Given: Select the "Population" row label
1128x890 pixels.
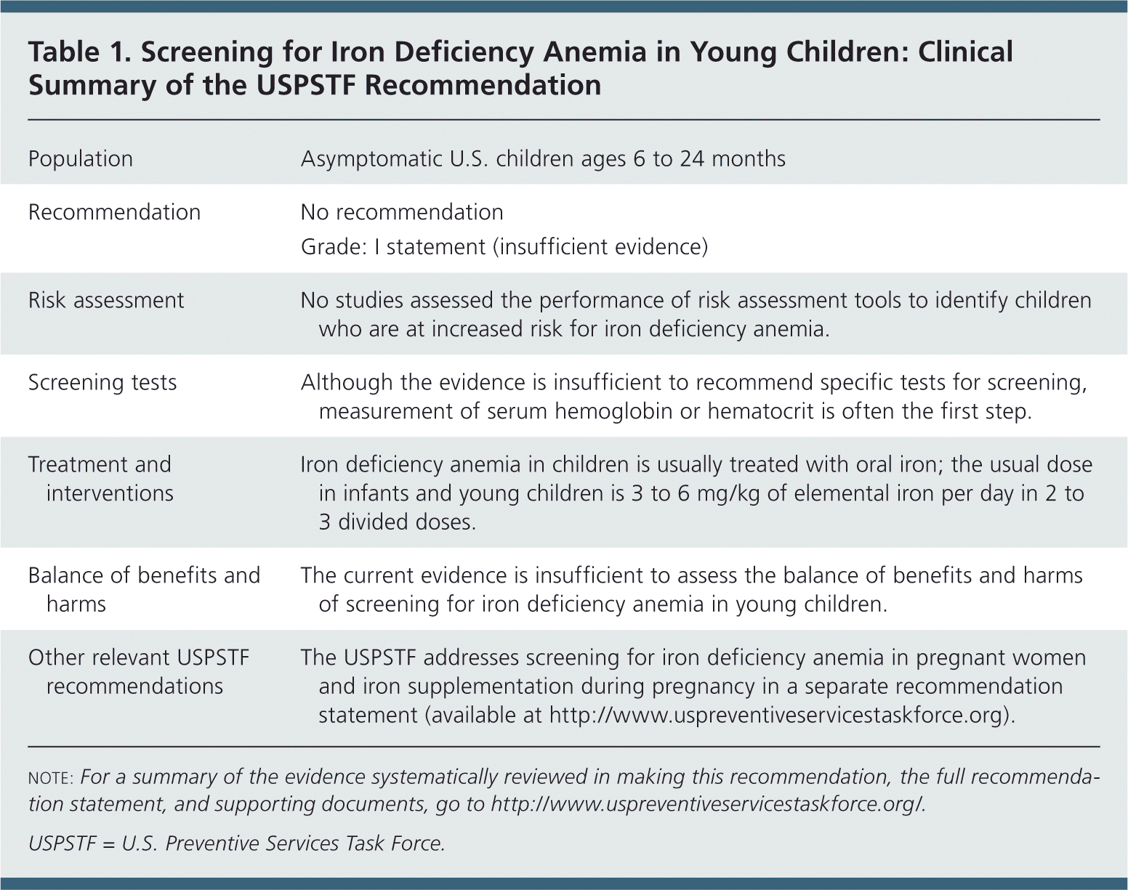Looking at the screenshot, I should coord(80,159).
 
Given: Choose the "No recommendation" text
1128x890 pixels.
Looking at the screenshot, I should coord(402,212).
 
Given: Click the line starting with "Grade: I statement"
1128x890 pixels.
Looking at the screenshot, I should coord(504,247).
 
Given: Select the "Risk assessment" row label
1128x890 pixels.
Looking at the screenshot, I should coord(106,301).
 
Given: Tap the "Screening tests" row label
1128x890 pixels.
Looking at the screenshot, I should coord(102,383).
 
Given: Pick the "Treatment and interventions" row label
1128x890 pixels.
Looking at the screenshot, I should coord(100,479).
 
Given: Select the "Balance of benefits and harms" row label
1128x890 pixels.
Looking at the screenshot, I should coord(144,589).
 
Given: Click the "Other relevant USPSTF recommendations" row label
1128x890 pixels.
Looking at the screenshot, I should coord(138,671).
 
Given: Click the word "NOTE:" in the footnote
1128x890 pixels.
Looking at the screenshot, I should coord(50,778).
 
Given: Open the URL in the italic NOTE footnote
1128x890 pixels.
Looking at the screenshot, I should coord(708,805).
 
